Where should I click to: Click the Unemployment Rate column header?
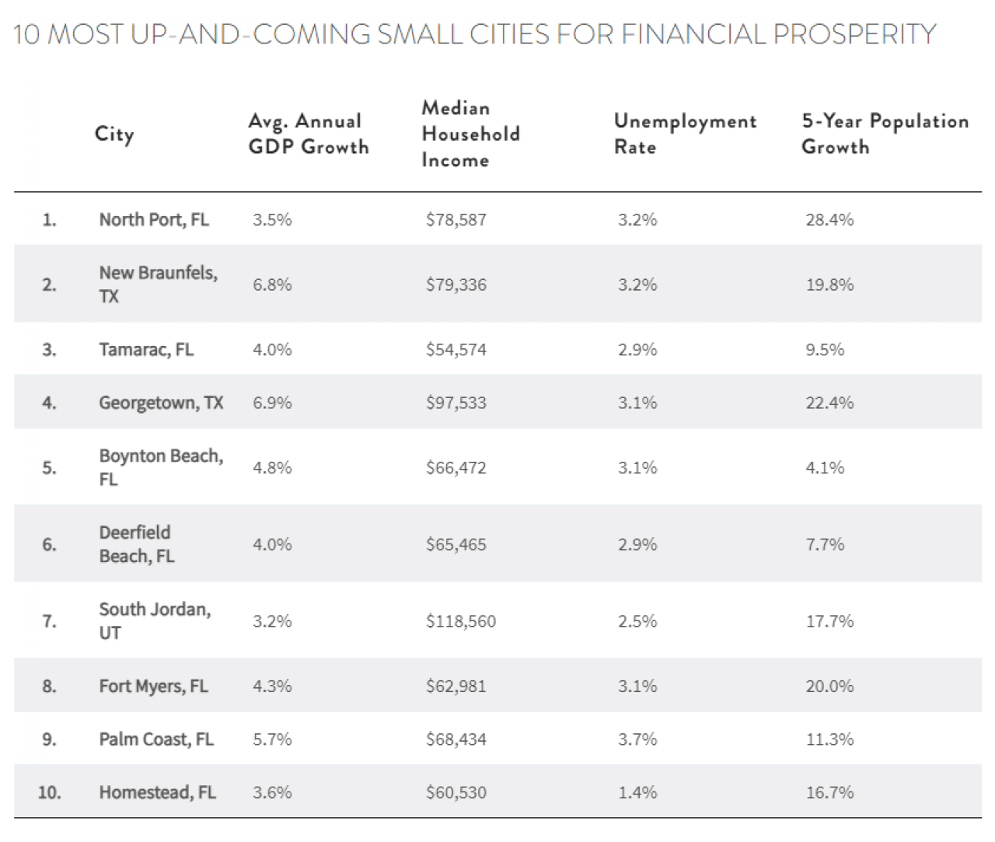click(684, 134)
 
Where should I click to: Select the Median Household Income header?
click(470, 134)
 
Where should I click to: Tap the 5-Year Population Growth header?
click(885, 134)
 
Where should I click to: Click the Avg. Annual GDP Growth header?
click(308, 134)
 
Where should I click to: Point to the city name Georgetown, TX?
click(161, 403)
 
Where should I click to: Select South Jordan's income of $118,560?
click(460, 621)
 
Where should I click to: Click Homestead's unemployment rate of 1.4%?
click(637, 792)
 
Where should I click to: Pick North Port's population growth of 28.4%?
click(829, 220)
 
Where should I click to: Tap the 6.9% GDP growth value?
click(272, 403)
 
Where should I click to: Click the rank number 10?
click(48, 792)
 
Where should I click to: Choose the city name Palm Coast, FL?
click(155, 739)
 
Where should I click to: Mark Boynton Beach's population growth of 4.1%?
click(825, 468)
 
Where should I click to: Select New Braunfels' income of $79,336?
click(456, 285)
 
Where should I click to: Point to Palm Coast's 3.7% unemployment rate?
click(637, 739)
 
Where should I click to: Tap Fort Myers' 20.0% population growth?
click(829, 687)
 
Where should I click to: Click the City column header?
click(114, 134)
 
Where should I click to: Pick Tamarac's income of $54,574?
click(456, 350)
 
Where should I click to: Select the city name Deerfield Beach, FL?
click(137, 544)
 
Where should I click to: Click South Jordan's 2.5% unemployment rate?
click(637, 621)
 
